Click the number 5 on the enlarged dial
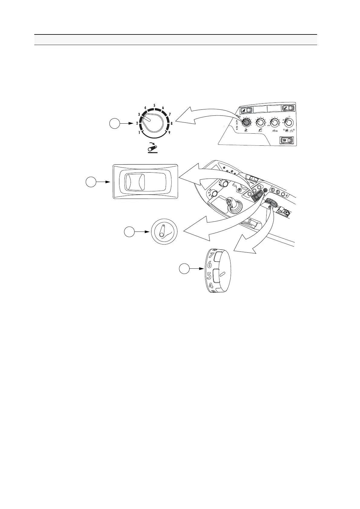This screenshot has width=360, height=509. (154, 105)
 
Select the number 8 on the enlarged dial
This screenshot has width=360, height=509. (172, 123)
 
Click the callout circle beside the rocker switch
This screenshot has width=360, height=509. (91, 182)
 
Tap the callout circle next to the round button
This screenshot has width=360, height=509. (129, 232)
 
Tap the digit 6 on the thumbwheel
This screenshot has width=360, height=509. (209, 265)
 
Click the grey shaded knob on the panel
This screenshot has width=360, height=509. (246, 122)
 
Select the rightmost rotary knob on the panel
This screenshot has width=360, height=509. (289, 122)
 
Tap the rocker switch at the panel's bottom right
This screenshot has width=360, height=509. (287, 140)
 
